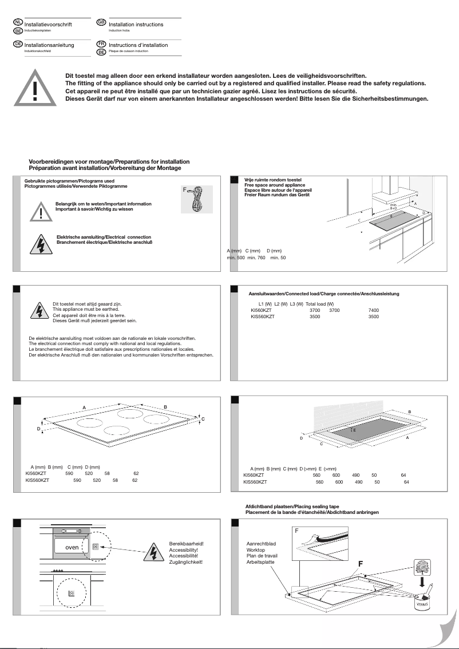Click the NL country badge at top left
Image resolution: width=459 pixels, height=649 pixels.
pyautogui.click(x=18, y=22)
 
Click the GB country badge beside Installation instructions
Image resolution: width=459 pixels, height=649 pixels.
pyautogui.click(x=101, y=22)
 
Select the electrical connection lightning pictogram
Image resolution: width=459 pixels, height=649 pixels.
pyautogui.click(x=41, y=246)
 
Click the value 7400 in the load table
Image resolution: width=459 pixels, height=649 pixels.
pyautogui.click(x=373, y=310)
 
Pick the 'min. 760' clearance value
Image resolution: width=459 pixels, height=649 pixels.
pyautogui.click(x=256, y=258)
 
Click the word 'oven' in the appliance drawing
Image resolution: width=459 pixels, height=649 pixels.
pyautogui.click(x=72, y=547)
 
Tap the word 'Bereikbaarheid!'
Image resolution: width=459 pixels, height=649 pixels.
pyautogui.click(x=187, y=543)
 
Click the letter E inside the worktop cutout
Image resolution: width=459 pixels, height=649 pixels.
pyautogui.click(x=354, y=429)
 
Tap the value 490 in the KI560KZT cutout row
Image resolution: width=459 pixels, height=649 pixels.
pyautogui.click(x=355, y=475)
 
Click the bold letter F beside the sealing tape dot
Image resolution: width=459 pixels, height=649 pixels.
pyautogui.click(x=361, y=564)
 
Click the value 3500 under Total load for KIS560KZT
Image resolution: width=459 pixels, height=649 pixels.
pyautogui.click(x=373, y=316)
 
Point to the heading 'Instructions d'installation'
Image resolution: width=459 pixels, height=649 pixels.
pyautogui.click(x=138, y=45)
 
